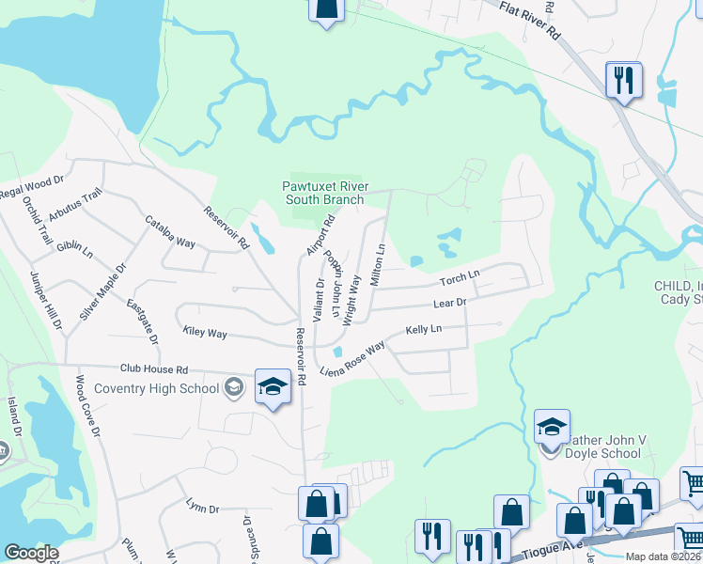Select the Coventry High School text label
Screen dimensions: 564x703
tap(170, 388)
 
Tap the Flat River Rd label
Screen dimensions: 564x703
tap(530, 20)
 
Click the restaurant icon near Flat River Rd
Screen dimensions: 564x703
tap(622, 80)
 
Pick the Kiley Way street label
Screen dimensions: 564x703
tap(205, 333)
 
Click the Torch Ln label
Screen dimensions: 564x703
tap(460, 279)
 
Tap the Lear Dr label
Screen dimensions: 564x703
tap(449, 304)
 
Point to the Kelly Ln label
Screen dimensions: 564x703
tap(423, 330)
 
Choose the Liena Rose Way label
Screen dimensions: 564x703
tap(352, 359)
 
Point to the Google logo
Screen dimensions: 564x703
tap(31, 553)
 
